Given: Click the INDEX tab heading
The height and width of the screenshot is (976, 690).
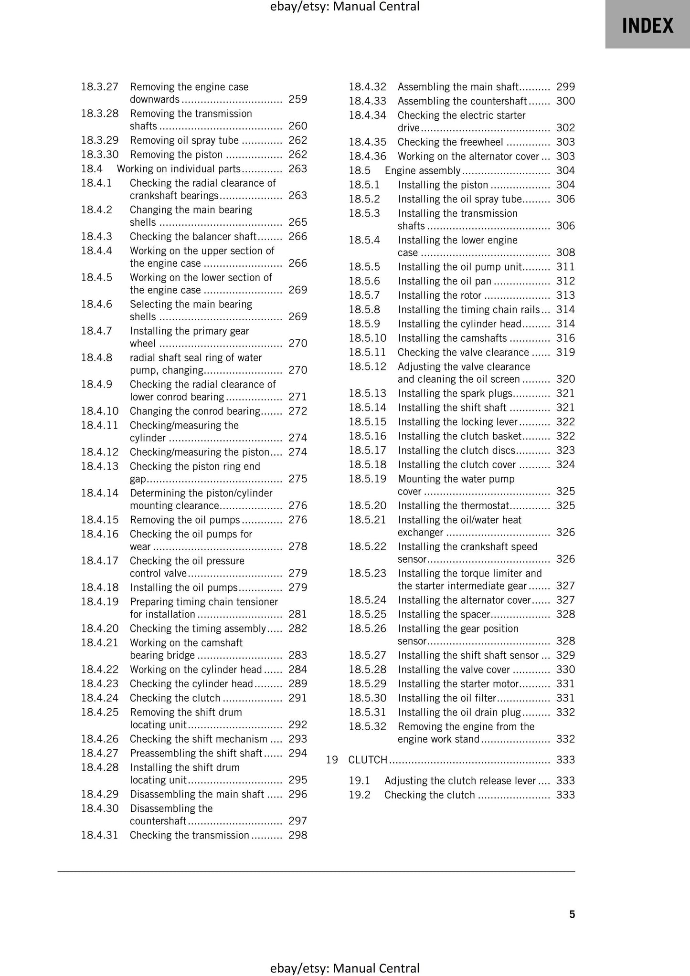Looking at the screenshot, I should [x=647, y=26].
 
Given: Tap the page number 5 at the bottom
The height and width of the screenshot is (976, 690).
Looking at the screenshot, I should [x=572, y=914].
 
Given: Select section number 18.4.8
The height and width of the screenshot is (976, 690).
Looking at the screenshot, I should [x=96, y=357].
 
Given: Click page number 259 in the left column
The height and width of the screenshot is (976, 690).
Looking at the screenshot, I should [x=297, y=99].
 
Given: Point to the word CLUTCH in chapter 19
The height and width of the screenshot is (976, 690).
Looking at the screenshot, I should [x=367, y=760].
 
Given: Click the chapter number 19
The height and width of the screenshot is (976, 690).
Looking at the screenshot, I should [x=332, y=760].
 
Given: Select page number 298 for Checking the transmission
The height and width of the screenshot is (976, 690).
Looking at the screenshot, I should [x=297, y=835].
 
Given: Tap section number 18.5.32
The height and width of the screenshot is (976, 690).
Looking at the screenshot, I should [x=367, y=726].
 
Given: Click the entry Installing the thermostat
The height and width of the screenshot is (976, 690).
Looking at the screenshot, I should [x=454, y=505].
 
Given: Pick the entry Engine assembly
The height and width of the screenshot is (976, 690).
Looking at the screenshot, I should [x=422, y=170].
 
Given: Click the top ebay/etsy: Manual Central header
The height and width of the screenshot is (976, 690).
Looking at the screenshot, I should [x=345, y=7].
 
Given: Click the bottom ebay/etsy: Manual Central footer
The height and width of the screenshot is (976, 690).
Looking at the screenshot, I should [x=345, y=968].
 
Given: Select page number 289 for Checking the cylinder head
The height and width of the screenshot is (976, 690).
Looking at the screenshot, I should [x=297, y=683].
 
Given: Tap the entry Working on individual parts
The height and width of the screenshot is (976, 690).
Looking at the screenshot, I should [x=179, y=168].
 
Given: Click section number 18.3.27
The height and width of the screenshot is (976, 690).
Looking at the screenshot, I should [x=99, y=87].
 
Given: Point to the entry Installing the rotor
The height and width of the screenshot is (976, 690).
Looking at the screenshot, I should [x=439, y=295].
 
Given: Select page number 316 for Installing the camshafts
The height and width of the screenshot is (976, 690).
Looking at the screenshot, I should [x=565, y=338].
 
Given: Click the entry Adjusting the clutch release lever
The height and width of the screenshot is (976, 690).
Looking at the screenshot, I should [x=460, y=781].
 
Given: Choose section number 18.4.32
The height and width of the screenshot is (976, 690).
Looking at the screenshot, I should [x=367, y=87].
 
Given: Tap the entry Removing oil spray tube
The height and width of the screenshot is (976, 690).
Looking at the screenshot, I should [x=184, y=140].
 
